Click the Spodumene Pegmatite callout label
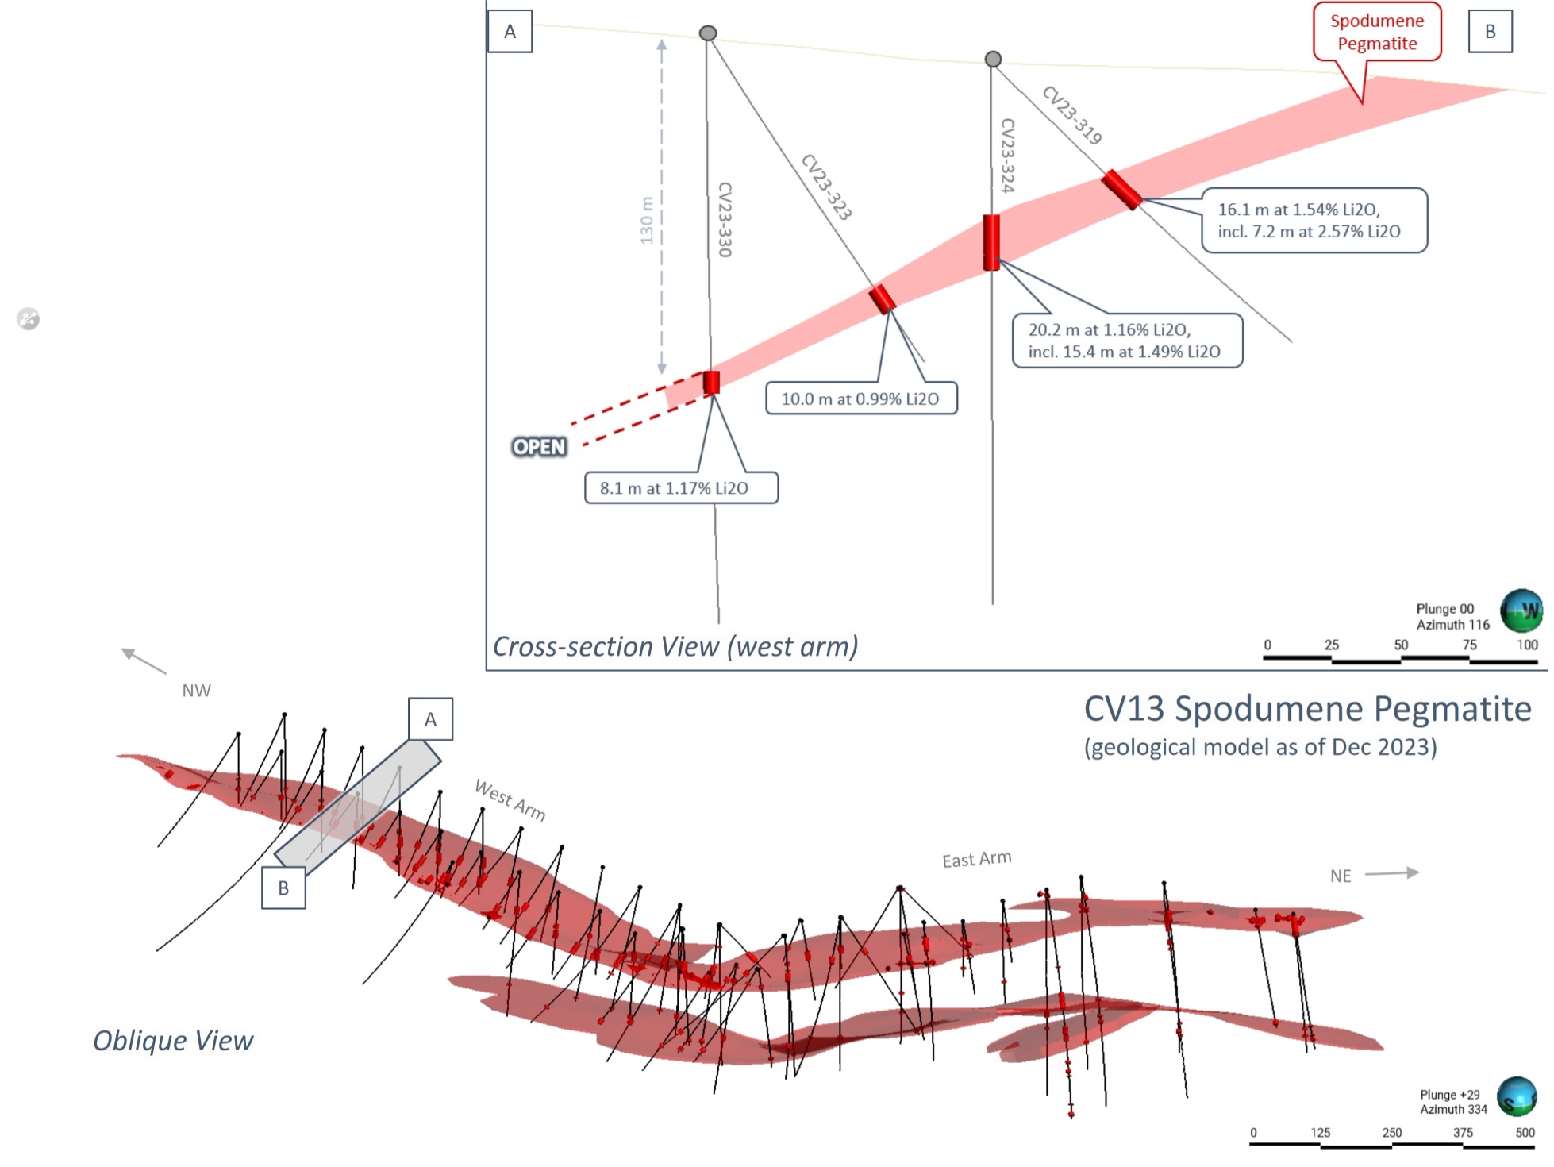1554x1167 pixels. pyautogui.click(x=1377, y=33)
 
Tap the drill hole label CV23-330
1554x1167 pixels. pyautogui.click(x=724, y=220)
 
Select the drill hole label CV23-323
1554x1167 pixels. pyautogui.click(x=826, y=187)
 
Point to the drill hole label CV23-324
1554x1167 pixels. pyautogui.click(x=1007, y=156)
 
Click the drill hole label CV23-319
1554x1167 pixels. pyautogui.click(x=1071, y=116)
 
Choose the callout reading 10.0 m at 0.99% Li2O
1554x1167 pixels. pyautogui.click(x=861, y=399)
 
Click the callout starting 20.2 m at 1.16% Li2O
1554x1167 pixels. pyautogui.click(x=1127, y=341)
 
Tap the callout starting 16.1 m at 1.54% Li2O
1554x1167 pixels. pyautogui.click(x=1314, y=221)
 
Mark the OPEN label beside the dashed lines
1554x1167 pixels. pyautogui.click(x=540, y=447)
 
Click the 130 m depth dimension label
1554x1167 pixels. pyautogui.click(x=647, y=221)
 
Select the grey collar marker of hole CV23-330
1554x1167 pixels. pyautogui.click(x=708, y=33)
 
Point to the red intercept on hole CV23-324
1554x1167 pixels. pyautogui.click(x=991, y=242)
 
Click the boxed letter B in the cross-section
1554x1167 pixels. pyautogui.click(x=1490, y=32)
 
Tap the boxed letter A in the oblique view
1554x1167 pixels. pyautogui.click(x=430, y=719)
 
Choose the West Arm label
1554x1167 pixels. pyautogui.click(x=510, y=799)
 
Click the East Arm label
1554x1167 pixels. pyautogui.click(x=976, y=859)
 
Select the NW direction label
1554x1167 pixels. pyautogui.click(x=196, y=691)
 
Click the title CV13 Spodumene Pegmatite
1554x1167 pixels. pyautogui.click(x=1307, y=709)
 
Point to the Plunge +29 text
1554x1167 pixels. pyautogui.click(x=1449, y=1095)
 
